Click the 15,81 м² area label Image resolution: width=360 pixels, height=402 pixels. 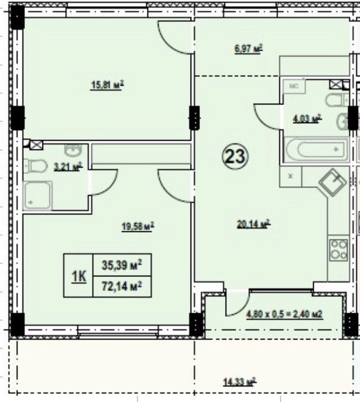point(107,84)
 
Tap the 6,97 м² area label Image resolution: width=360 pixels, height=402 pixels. point(249,49)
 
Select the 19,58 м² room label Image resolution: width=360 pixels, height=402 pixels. point(138,226)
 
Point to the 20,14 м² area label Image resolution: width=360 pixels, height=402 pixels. point(254,224)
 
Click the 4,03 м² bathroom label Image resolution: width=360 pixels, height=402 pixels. point(307,119)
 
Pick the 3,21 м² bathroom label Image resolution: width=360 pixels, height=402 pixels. point(68,167)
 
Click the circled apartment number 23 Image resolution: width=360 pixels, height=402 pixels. point(235,156)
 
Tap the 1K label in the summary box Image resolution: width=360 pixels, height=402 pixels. point(79,276)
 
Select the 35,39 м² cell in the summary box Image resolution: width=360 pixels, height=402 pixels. point(122,265)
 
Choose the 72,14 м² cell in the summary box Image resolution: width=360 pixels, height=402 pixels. point(122,286)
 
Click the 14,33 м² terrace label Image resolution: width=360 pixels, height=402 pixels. point(240,382)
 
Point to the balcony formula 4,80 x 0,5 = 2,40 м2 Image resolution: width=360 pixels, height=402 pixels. point(284,314)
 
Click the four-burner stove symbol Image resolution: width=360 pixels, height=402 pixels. point(339,249)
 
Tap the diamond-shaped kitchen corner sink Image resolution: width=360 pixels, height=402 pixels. point(332,183)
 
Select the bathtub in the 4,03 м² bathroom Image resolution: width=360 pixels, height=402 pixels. point(316,149)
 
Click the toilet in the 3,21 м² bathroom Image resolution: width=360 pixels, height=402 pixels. point(35,166)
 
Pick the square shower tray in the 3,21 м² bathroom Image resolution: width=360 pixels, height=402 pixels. point(38,195)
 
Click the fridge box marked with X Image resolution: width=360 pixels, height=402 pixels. point(291,176)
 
